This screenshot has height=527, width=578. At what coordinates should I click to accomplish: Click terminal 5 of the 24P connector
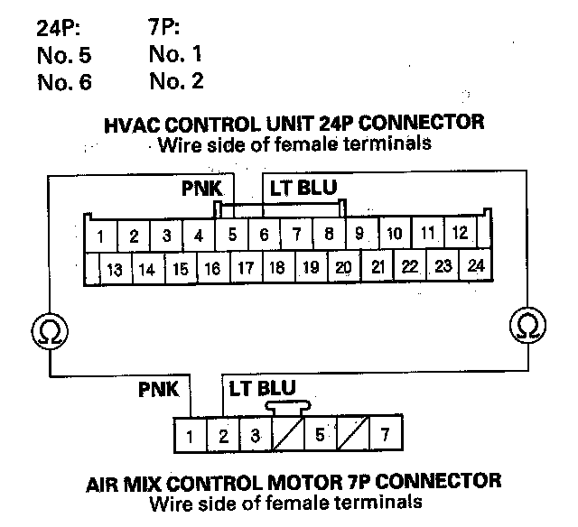pos(232,236)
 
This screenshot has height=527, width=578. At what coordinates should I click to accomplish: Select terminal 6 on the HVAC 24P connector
pos(264,236)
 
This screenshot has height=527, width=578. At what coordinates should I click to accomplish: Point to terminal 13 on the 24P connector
pos(114,269)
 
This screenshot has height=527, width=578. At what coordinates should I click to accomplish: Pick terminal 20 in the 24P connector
pos(342,268)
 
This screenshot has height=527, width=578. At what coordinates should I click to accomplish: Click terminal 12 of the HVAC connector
pos(459,234)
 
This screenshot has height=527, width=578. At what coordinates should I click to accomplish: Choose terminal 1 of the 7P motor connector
pos(190,437)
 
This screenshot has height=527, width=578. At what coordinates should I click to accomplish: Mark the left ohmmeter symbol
pos(44,331)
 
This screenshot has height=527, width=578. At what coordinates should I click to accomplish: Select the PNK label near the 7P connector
pos(158,390)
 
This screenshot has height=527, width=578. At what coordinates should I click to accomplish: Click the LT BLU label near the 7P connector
pos(262,390)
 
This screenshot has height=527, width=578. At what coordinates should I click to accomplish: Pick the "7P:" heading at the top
pos(163,28)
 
